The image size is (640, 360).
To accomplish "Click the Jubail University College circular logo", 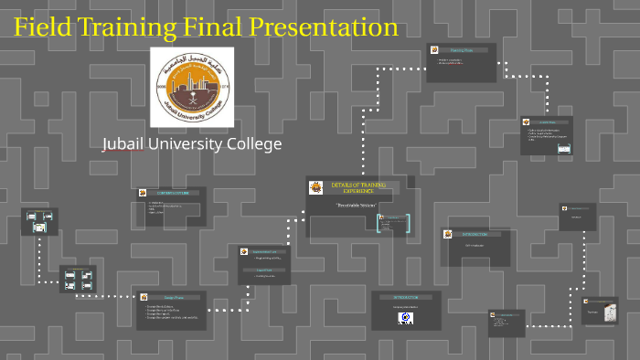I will [191, 87].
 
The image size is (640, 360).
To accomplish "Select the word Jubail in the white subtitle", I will [124, 144].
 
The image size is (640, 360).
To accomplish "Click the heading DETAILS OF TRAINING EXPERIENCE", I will [358, 187].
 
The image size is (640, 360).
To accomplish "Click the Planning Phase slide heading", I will [463, 50].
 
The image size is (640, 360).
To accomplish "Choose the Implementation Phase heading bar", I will [264, 251].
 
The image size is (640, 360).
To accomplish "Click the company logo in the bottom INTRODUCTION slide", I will [405, 318].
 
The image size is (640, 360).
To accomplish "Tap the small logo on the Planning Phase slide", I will [433, 50].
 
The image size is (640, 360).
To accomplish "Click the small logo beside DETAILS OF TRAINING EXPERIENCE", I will [316, 188].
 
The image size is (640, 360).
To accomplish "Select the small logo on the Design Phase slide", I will [144, 297].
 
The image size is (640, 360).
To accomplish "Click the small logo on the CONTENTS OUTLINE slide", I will [144, 193].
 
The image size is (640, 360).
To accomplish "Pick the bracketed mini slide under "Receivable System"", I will [394, 223].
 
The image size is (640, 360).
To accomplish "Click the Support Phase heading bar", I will [264, 270].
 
